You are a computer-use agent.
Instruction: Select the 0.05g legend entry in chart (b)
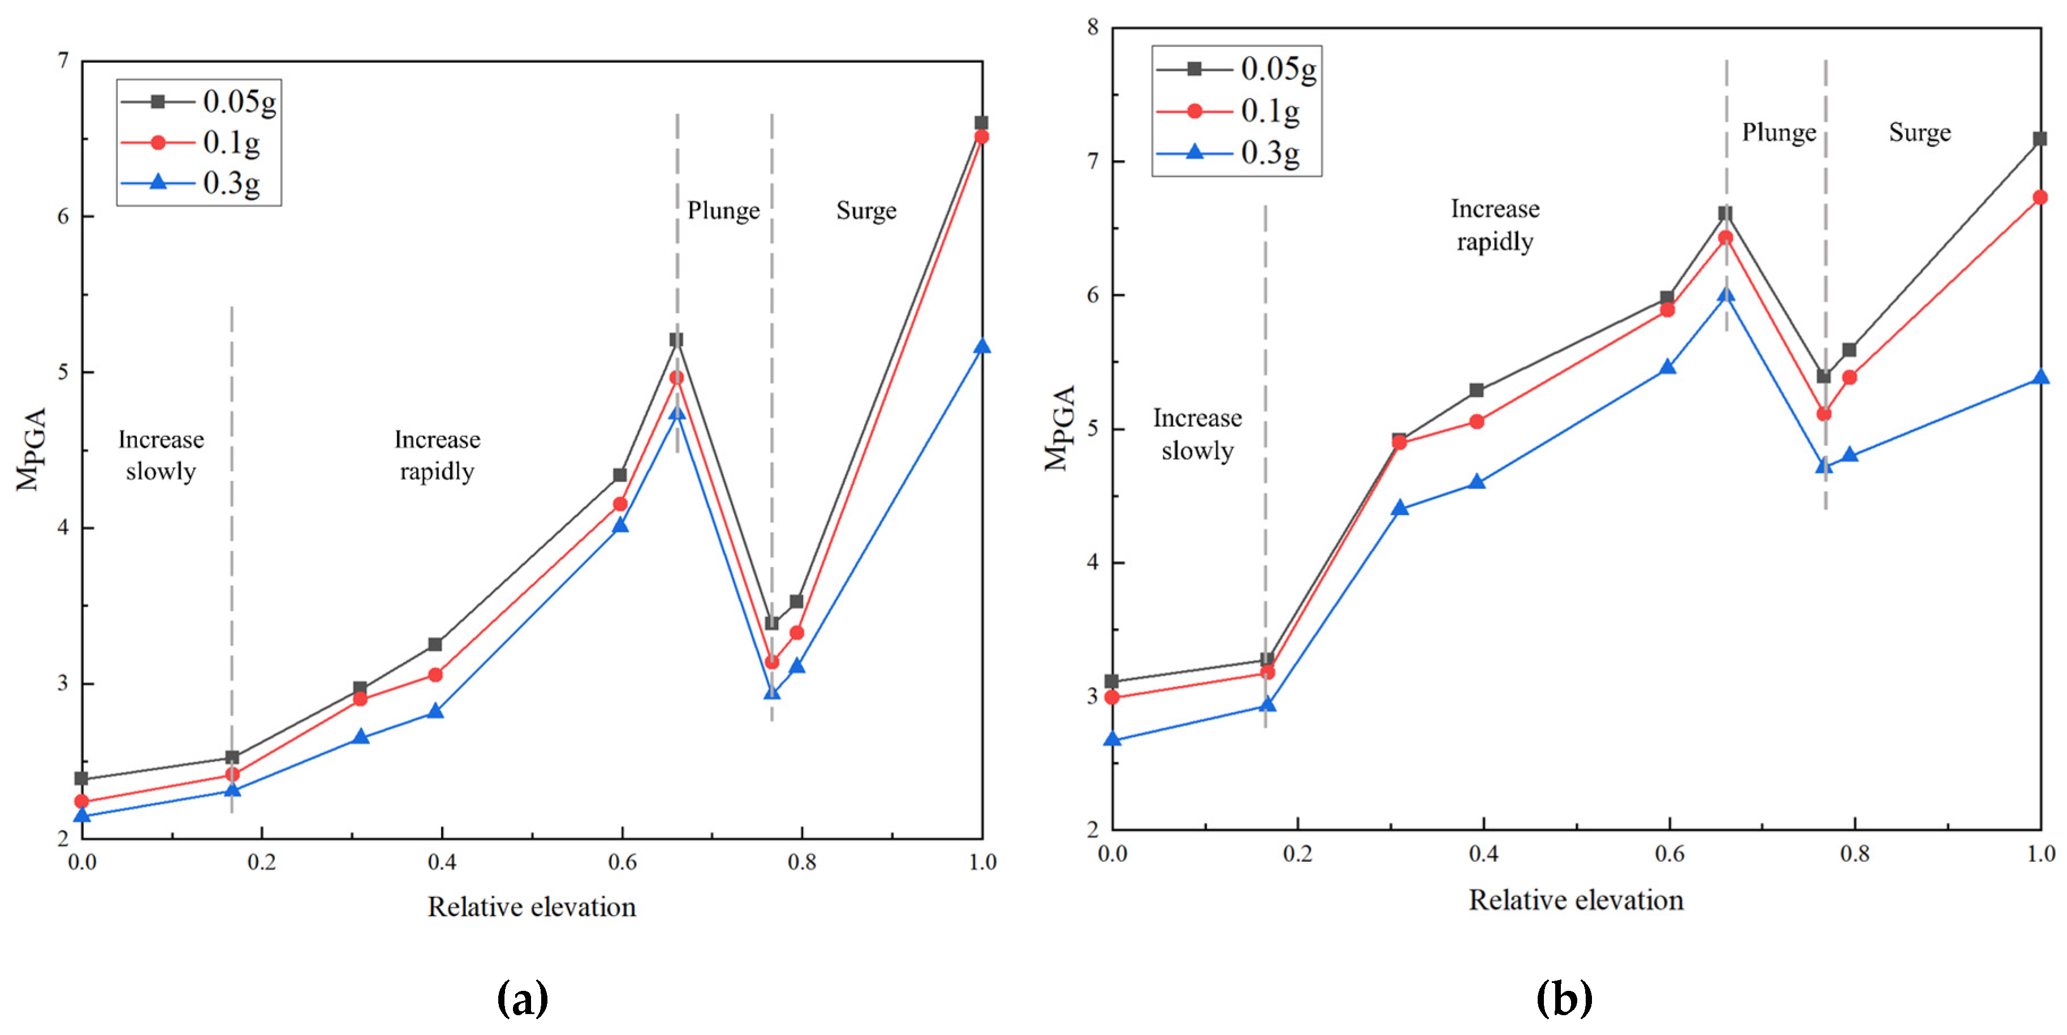(x=1236, y=69)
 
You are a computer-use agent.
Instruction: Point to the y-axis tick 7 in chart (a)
(x=63, y=61)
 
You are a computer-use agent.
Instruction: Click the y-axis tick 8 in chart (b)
(x=1092, y=28)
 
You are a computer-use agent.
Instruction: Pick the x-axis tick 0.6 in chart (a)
(x=622, y=862)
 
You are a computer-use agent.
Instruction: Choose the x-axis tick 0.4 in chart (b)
(x=1483, y=853)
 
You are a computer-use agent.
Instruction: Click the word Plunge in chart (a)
(x=723, y=211)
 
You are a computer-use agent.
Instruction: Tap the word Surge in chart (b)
(x=1919, y=132)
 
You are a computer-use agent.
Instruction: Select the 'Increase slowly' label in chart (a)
(x=161, y=456)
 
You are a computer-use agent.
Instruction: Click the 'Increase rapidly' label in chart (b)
(x=1494, y=225)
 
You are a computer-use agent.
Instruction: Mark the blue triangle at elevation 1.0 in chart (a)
(x=981, y=347)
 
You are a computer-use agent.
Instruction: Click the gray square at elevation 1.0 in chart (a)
(x=981, y=123)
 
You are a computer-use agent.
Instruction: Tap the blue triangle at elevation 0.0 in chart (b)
(x=1112, y=738)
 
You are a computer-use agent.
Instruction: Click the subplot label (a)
(x=523, y=999)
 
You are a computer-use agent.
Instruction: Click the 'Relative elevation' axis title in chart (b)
(x=1575, y=900)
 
